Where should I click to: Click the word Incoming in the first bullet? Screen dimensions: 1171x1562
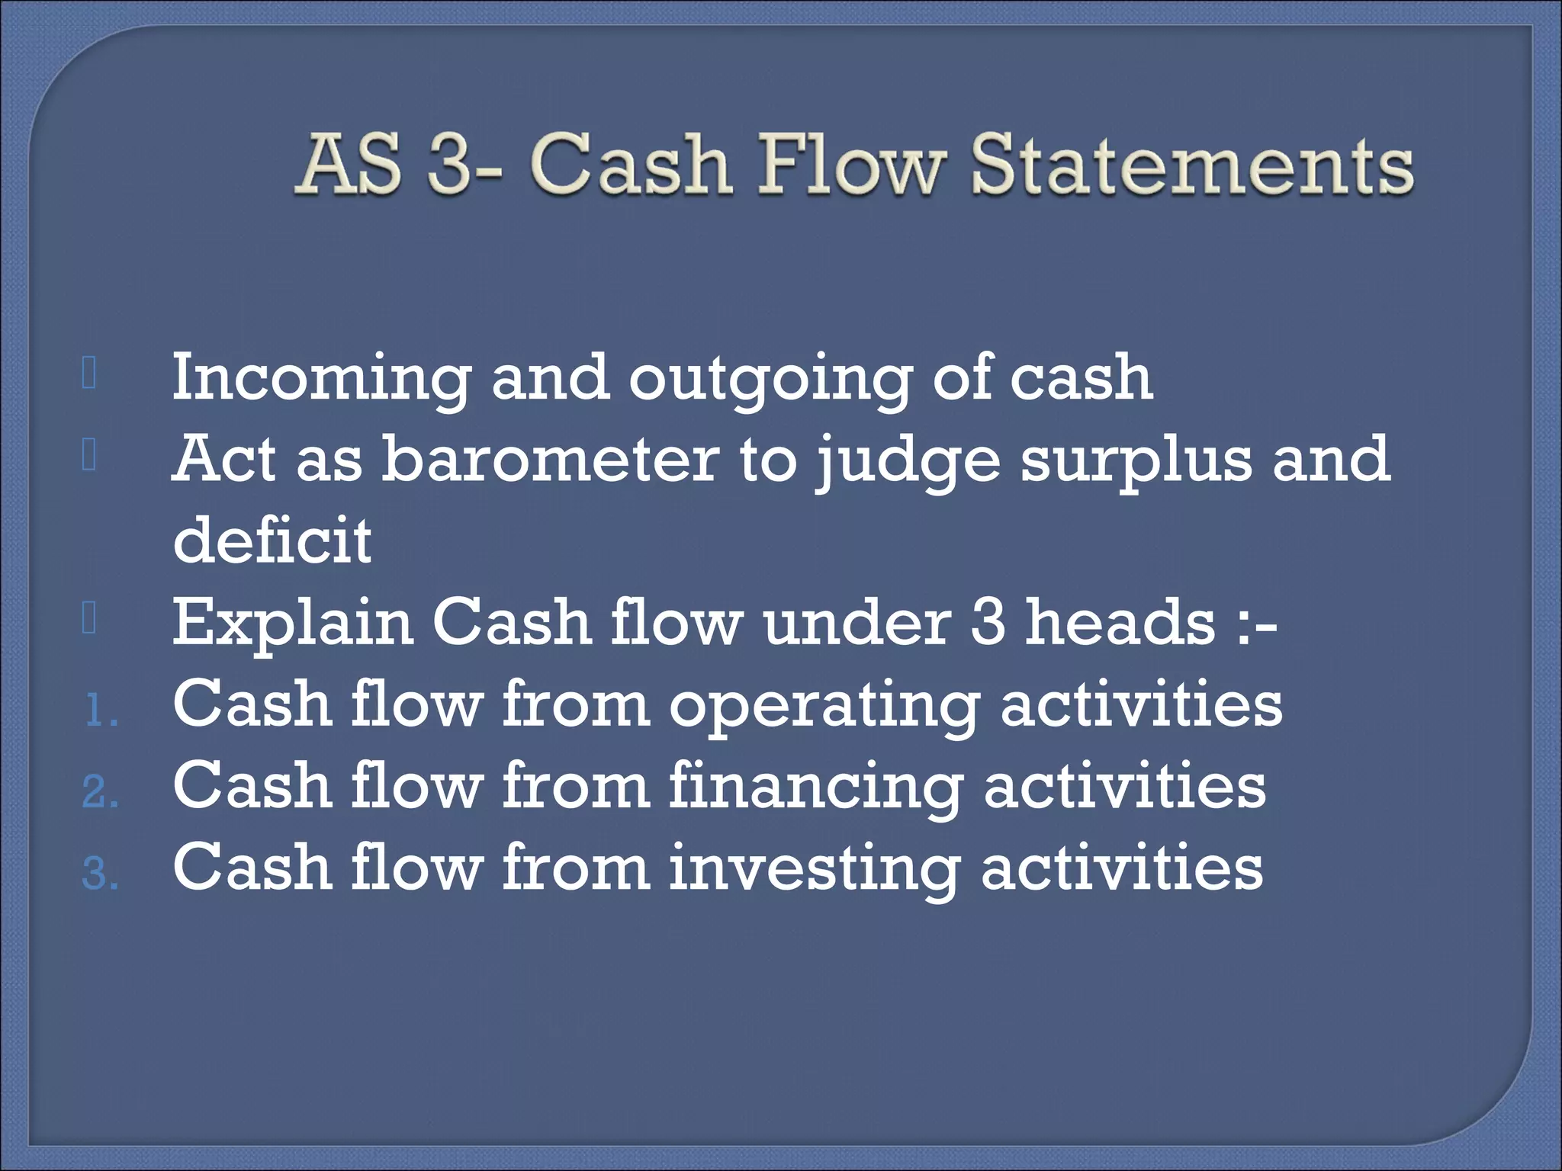pyautogui.click(x=321, y=379)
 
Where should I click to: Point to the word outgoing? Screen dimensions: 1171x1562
pyautogui.click(x=770, y=379)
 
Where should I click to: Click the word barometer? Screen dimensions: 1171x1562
pyautogui.click(x=550, y=460)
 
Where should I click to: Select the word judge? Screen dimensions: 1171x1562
pyautogui.click(x=907, y=461)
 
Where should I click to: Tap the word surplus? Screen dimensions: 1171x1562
pyautogui.click(x=1136, y=461)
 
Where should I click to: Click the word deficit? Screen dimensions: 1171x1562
pyautogui.click(x=272, y=540)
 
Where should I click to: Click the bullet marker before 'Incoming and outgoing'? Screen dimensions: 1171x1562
pyautogui.click(x=89, y=375)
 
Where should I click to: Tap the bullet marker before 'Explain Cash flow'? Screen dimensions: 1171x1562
pyautogui.click(x=89, y=619)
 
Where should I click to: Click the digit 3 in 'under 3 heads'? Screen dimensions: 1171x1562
pyautogui.click(x=988, y=622)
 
